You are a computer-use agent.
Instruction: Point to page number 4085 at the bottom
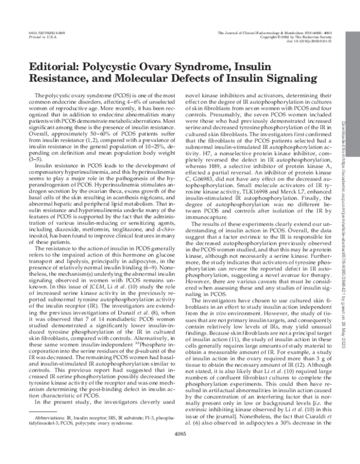click(x=180, y=451)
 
